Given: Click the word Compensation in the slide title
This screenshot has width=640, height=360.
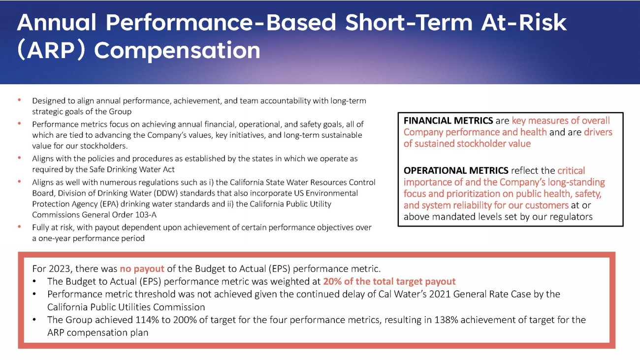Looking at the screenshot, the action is [x=177, y=51].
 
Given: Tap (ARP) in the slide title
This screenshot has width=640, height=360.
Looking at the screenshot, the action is [x=51, y=50].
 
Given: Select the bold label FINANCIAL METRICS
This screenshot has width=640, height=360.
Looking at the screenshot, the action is [x=448, y=121].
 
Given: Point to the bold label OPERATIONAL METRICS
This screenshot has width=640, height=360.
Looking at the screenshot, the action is [x=456, y=170].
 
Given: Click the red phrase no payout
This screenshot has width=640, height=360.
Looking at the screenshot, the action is [x=142, y=269].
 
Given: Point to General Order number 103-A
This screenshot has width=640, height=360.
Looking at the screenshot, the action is [x=146, y=215].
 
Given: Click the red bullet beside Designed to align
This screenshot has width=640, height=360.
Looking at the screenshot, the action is [x=19, y=99].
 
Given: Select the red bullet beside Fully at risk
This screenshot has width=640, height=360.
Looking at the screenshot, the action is [x=19, y=227].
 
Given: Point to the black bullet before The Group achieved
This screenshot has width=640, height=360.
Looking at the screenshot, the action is [x=34, y=320].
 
